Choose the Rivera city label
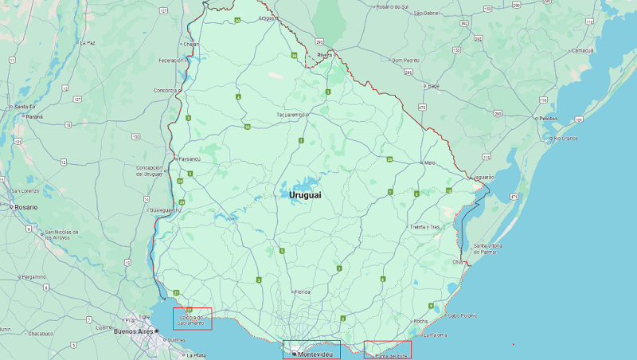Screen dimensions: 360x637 coord(324,54)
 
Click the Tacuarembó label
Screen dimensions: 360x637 coord(290,114)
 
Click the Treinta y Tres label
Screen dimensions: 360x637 coord(424,227)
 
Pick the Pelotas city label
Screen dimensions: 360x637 coord(548,118)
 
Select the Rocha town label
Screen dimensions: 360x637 coord(420,321)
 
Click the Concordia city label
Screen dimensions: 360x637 coord(166,90)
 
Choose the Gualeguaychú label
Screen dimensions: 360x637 coord(164,210)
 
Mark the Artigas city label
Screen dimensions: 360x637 coord(267,18)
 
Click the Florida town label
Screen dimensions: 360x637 coord(303,292)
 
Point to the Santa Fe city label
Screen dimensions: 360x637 coord(25,106)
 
